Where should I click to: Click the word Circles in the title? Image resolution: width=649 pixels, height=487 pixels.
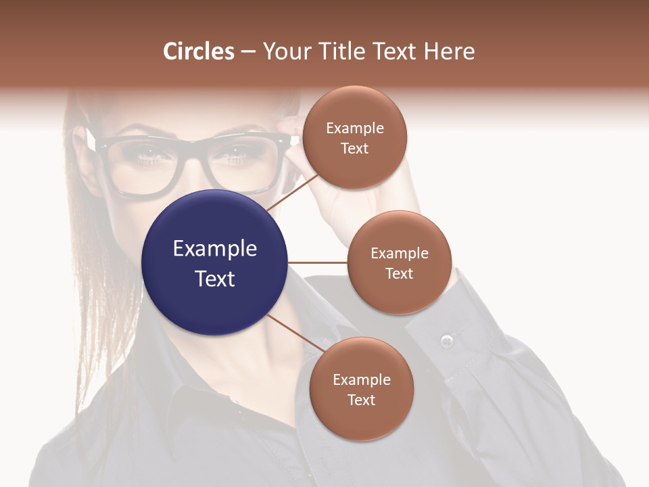point(199,51)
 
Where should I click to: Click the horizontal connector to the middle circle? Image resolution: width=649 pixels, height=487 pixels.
point(317,262)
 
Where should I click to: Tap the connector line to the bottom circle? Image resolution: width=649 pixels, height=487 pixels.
point(295,333)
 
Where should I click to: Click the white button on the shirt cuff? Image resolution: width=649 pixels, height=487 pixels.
point(446,340)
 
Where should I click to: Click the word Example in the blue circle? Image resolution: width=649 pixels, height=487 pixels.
point(214,248)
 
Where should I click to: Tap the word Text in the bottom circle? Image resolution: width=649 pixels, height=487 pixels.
point(361,400)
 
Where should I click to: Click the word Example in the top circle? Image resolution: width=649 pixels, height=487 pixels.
point(354,128)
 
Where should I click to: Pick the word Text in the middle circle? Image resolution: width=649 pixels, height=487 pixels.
point(399,273)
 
